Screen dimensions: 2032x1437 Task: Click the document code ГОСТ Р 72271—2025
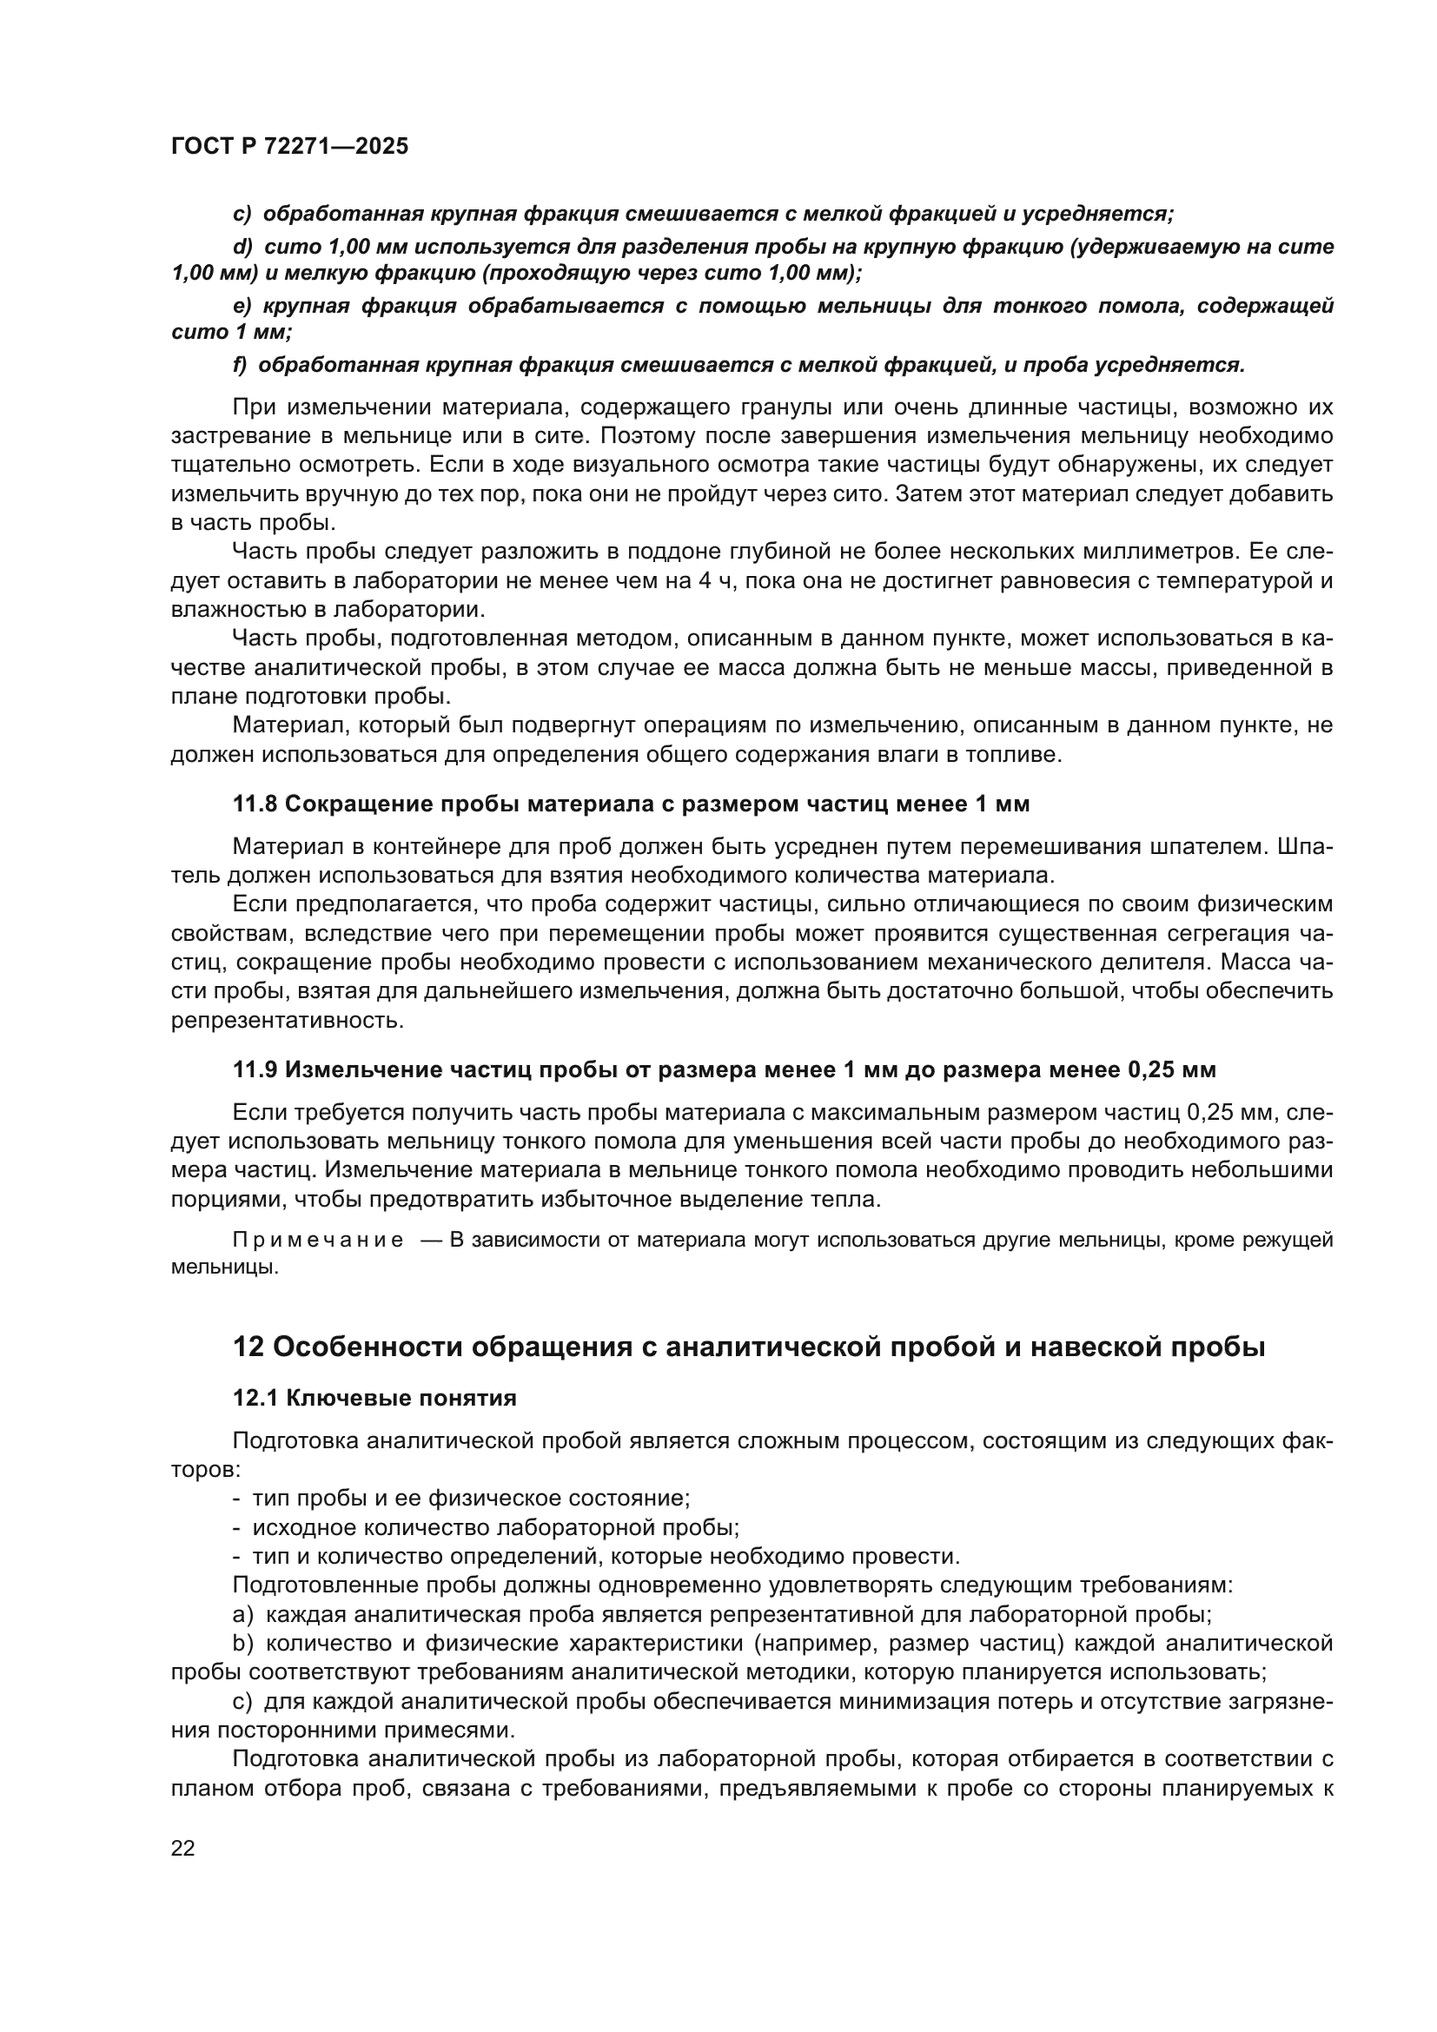pos(289,147)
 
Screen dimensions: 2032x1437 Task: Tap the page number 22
pos(183,1848)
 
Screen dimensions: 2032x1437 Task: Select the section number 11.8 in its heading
pos(255,804)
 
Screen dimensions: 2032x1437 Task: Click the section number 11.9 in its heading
pos(255,1070)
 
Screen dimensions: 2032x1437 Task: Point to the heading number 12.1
pos(255,1399)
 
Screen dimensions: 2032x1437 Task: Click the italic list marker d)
pos(242,248)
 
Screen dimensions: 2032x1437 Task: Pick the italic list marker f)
pos(239,366)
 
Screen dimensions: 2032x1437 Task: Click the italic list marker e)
pos(242,306)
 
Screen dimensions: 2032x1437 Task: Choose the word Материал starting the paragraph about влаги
pos(279,725)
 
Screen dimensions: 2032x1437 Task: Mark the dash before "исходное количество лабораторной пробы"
pos(236,1527)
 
